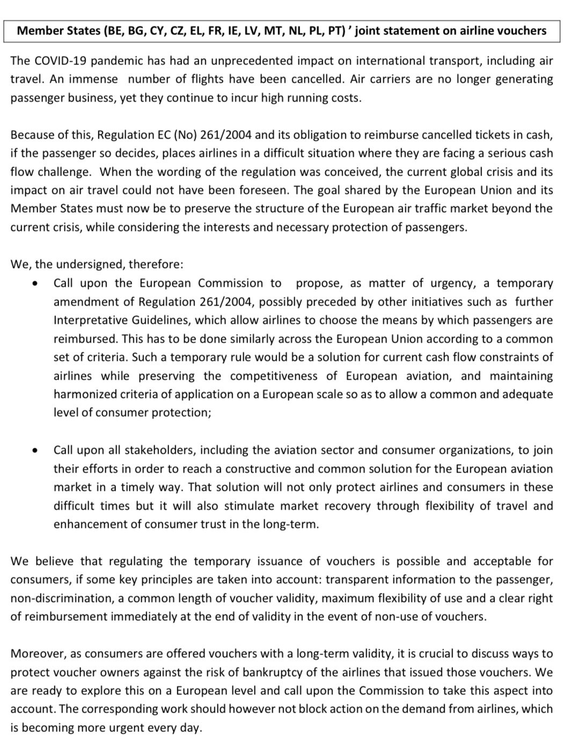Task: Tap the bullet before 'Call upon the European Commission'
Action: click(x=35, y=284)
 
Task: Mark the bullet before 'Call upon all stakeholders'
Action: click(x=35, y=451)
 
